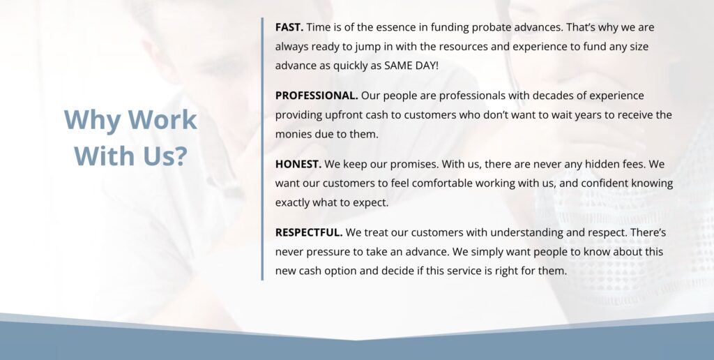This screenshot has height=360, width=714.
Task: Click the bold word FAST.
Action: [289, 27]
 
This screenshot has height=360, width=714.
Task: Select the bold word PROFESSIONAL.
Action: [317, 96]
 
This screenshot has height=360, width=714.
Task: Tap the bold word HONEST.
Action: [298, 164]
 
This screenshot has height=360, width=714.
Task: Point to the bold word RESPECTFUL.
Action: [309, 232]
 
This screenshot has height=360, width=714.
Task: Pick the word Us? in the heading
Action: [165, 156]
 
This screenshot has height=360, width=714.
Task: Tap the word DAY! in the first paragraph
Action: [427, 66]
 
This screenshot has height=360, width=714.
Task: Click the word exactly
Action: [292, 203]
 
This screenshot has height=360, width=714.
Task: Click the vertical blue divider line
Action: [262, 149]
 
